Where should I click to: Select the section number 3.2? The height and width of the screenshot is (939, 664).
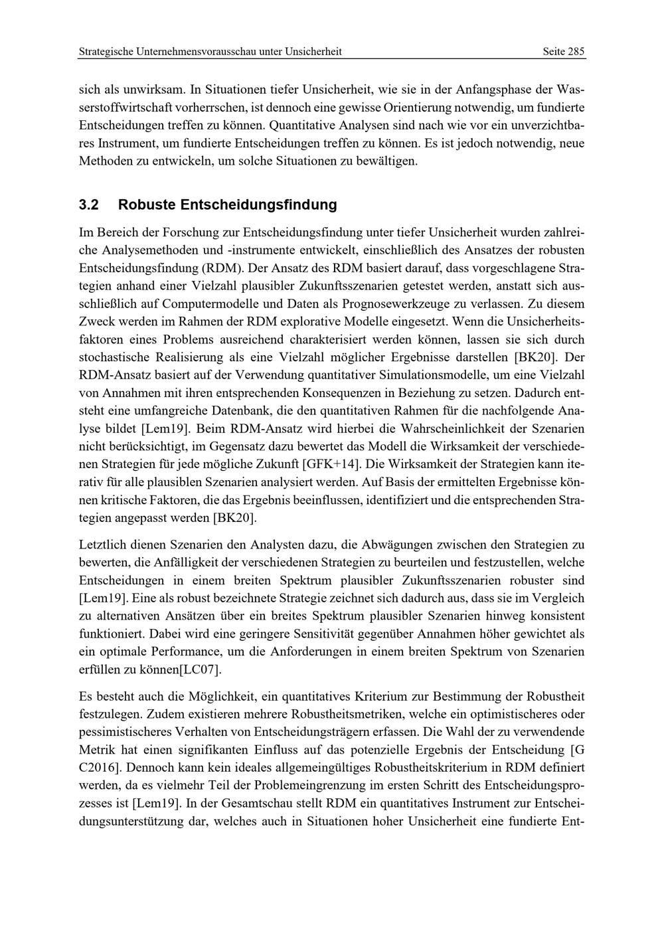pos(89,205)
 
